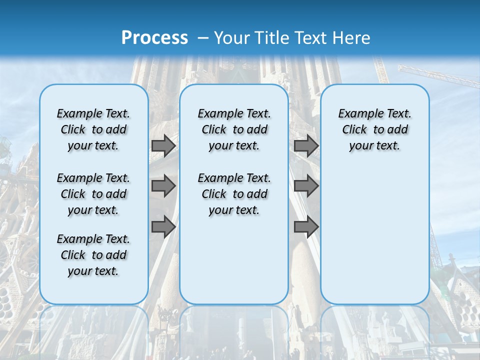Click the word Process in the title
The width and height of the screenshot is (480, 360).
(154, 38)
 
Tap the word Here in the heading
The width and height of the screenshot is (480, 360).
(353, 38)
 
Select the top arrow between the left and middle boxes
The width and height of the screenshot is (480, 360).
(163, 146)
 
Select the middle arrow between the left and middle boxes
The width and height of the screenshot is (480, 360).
(163, 186)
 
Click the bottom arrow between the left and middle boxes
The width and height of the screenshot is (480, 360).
(163, 227)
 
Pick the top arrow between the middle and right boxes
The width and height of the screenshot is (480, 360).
(306, 146)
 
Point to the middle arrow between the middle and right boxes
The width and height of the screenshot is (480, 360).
(306, 186)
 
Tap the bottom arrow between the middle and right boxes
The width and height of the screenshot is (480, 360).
(306, 227)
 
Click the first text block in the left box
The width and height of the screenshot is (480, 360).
(93, 129)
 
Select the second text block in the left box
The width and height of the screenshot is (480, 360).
(93, 194)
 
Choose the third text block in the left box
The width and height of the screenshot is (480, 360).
(93, 255)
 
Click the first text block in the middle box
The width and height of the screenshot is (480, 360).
(234, 129)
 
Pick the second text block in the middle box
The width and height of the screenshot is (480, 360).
(234, 194)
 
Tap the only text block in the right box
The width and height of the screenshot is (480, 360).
(374, 129)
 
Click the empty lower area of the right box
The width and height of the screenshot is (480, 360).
(374, 240)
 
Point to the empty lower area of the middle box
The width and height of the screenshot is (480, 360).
(234, 260)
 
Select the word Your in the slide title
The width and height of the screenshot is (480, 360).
(232, 38)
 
